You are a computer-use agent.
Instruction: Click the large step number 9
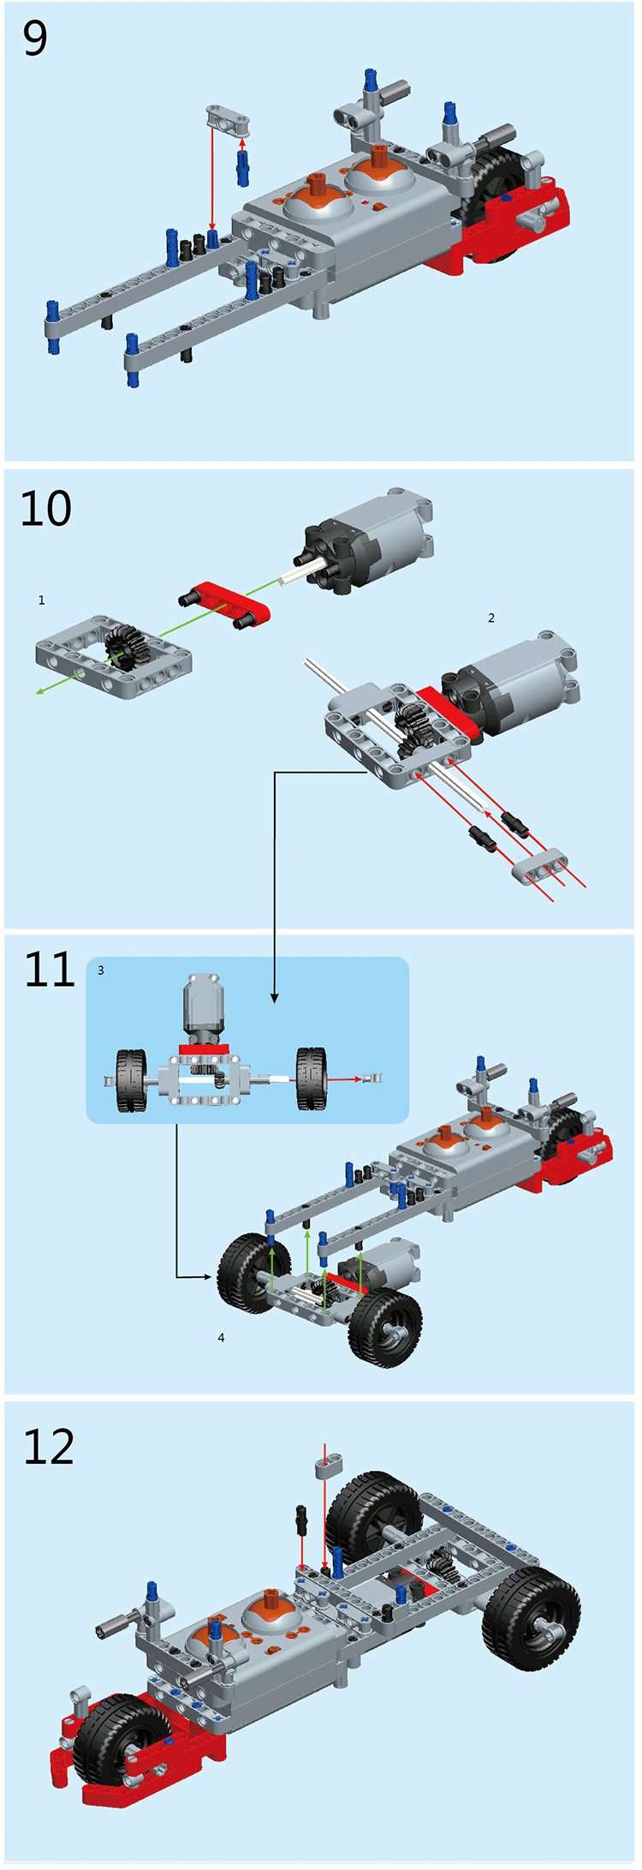(35, 39)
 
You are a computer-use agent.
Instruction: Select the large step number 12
(49, 1447)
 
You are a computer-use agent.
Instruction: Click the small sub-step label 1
(41, 600)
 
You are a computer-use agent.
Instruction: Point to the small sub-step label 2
(491, 618)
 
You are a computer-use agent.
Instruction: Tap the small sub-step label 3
(101, 971)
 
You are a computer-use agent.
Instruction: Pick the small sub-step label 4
(221, 1337)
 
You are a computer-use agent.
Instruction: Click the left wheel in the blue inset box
(132, 1080)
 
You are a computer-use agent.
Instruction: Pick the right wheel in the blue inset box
(312, 1078)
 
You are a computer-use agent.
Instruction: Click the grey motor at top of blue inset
(204, 1008)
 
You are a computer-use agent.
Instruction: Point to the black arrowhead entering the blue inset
(274, 998)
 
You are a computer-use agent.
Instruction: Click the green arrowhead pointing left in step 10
(39, 691)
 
